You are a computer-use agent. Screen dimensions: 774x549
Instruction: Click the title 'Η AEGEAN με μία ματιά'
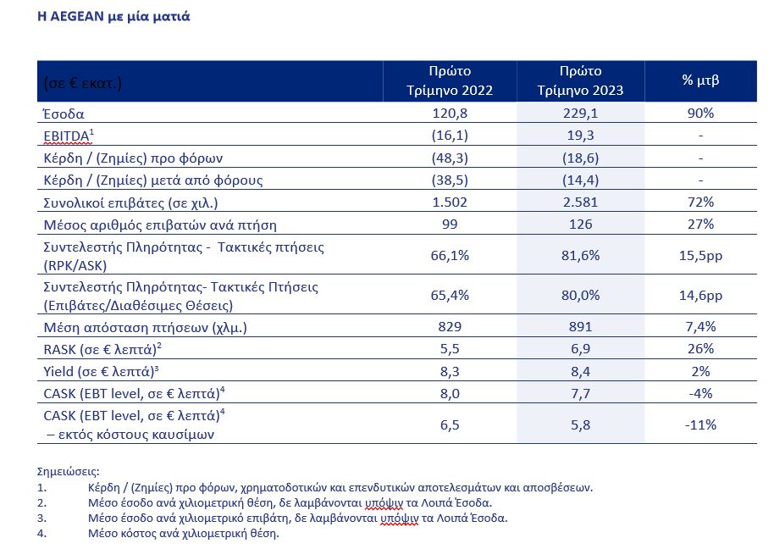point(113,16)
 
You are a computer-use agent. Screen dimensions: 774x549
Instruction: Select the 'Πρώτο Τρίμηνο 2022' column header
point(450,80)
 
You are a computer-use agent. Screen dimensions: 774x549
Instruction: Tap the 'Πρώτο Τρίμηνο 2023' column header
point(581,80)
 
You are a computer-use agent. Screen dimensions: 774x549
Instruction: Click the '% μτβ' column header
point(700,80)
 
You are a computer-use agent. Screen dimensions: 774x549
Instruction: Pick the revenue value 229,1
point(581,113)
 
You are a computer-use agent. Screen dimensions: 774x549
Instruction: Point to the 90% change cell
point(700,113)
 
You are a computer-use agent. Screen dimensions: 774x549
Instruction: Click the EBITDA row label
point(69,136)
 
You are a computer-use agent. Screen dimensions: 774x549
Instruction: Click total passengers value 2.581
point(581,202)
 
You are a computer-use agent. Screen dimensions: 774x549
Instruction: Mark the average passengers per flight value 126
point(581,225)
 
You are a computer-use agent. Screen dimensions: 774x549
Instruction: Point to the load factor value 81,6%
point(581,255)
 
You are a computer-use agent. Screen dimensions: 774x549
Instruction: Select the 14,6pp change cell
point(700,295)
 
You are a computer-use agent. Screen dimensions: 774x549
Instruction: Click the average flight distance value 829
point(450,326)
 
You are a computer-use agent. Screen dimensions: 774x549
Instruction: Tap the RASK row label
point(102,349)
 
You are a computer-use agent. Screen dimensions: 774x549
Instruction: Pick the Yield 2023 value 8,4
point(581,371)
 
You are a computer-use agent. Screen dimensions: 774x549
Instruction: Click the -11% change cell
point(700,424)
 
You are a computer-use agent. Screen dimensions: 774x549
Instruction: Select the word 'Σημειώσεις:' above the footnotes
point(68,472)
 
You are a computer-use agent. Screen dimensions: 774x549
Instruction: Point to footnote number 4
point(42,533)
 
